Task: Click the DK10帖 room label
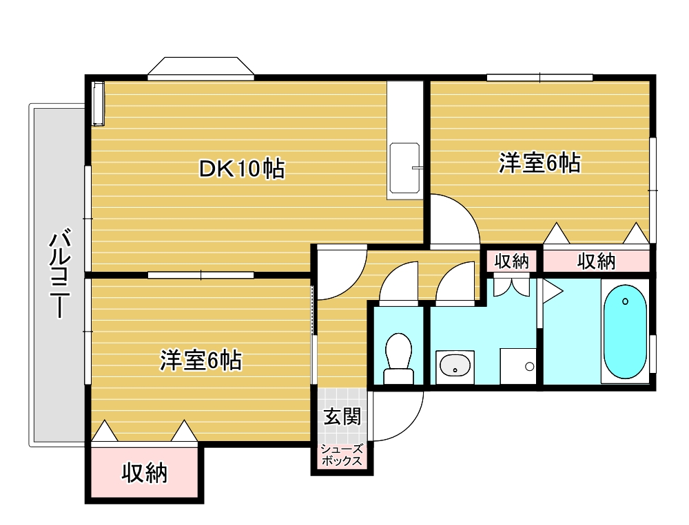point(242,169)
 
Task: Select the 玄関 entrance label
point(342,416)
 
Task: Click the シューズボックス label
point(342,455)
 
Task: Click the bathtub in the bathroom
point(625,332)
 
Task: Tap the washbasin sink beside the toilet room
point(455,365)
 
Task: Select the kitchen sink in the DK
point(404,168)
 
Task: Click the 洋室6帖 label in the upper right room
point(539,163)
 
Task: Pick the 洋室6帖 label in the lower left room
point(200,361)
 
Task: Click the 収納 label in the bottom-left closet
point(145,473)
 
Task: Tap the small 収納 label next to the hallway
point(511,261)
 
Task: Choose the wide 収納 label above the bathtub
point(596,261)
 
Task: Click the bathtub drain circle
point(626,301)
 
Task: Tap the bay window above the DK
point(200,69)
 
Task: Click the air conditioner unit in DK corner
point(99,104)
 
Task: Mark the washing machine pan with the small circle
point(518,366)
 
